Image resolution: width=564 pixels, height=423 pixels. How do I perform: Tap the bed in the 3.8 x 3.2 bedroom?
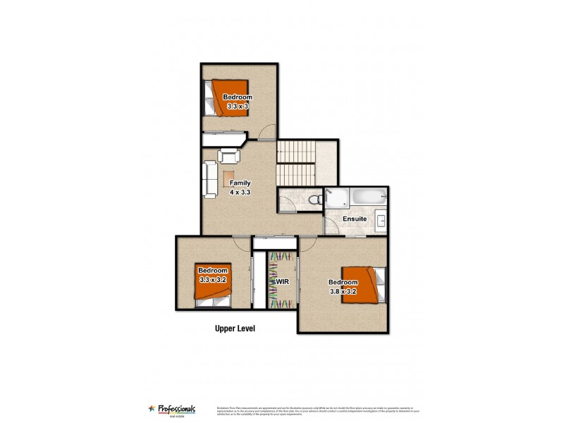pos(364,285)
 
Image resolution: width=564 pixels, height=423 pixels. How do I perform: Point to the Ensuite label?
pos(354,219)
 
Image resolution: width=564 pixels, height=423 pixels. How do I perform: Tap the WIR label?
pos(283,281)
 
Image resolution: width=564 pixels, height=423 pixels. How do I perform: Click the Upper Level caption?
pos(235,329)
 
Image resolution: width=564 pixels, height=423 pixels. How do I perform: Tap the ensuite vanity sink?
pos(380,220)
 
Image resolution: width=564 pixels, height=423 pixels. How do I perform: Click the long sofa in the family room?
pos(210,180)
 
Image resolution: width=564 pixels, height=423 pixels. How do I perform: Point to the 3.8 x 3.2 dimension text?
pos(343,291)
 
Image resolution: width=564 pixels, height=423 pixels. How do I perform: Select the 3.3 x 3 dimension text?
pos(238,106)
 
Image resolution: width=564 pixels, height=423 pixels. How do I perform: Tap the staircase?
pos(295,162)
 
